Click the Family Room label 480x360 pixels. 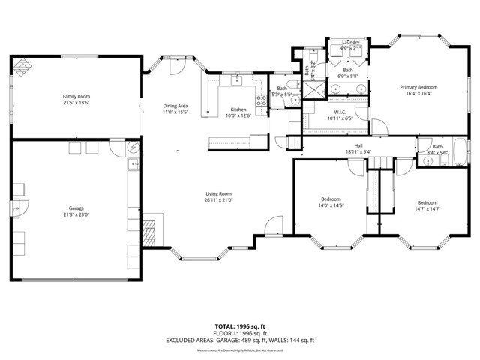click(76, 96)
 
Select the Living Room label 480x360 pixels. click(219, 193)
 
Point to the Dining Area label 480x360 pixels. click(175, 106)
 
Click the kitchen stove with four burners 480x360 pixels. click(262, 100)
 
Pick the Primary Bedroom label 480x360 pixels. click(418, 87)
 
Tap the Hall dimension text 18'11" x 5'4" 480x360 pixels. click(358, 152)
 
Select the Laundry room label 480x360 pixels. click(350, 43)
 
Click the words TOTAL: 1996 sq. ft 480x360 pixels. click(240, 326)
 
